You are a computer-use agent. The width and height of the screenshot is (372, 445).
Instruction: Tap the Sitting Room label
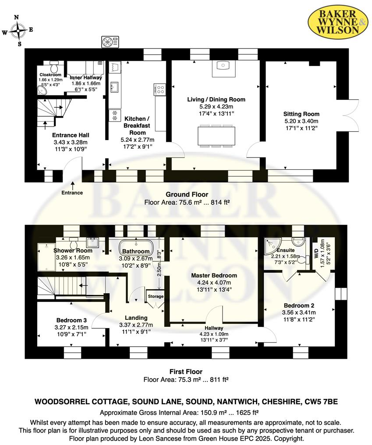click(x=301, y=114)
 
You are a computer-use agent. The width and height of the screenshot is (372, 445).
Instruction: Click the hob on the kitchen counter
click(x=160, y=89)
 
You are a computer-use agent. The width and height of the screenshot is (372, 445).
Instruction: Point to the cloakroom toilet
click(x=55, y=67)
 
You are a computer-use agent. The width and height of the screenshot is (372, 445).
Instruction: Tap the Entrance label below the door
click(x=72, y=193)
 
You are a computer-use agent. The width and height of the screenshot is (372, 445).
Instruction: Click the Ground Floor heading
click(x=187, y=195)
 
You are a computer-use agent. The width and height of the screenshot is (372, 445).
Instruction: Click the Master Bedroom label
click(x=214, y=276)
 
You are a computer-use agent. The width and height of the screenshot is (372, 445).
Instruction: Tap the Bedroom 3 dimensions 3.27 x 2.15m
click(x=71, y=327)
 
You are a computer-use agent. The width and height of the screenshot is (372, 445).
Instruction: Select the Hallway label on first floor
click(x=214, y=328)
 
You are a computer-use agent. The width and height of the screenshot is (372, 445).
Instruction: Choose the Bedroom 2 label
click(x=299, y=305)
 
